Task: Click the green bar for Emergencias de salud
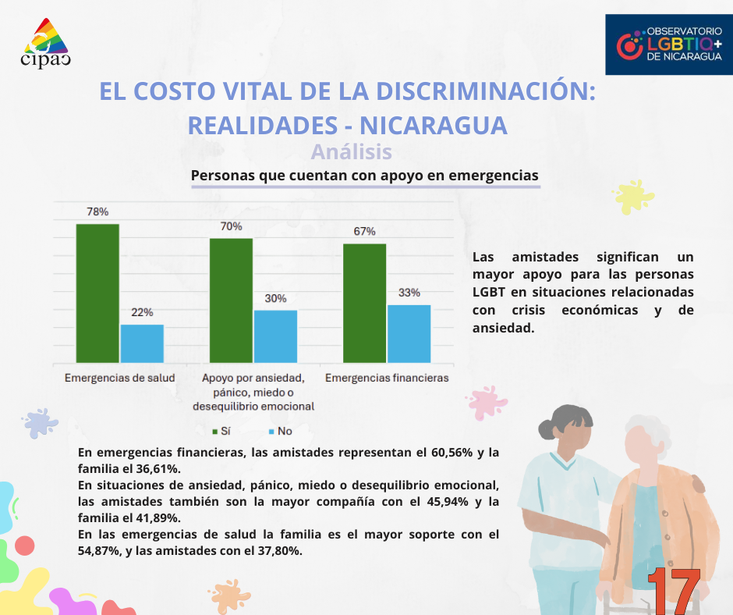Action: coord(97,293)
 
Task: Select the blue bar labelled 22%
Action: coord(142,343)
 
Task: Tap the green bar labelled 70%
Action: coord(231,300)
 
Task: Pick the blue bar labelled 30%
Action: coord(275,336)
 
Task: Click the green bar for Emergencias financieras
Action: coord(364,303)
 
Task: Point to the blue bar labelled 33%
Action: coord(409,333)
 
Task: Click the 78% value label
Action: coord(97,212)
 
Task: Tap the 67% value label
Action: coord(364,231)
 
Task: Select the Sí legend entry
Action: coord(221,431)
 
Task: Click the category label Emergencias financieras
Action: coord(387,379)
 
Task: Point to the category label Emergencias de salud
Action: coord(119,379)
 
